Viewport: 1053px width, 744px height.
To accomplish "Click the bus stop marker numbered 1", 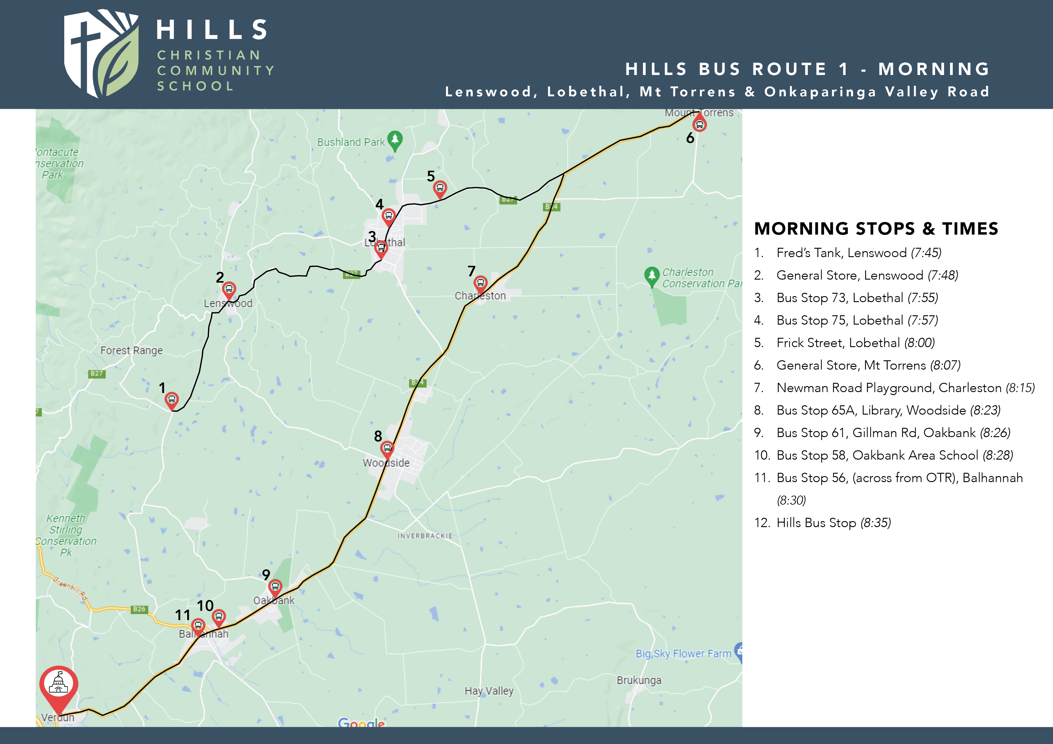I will coord(171,399).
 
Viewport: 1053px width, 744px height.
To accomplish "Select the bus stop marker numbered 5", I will coord(440,188).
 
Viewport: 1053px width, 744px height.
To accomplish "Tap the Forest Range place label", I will coord(131,351).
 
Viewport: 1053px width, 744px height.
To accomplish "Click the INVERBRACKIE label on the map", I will coord(425,536).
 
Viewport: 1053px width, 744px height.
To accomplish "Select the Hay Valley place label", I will coord(489,691).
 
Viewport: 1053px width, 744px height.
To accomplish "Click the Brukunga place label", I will coord(639,680).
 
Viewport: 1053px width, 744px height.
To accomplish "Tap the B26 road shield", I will coord(139,609).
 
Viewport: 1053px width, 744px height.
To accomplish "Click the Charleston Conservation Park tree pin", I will coord(652,275).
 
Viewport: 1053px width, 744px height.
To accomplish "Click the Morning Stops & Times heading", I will coord(876,228).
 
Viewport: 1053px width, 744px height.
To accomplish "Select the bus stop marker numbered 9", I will coord(275,586).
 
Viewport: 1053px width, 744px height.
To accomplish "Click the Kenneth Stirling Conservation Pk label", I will coord(67,535).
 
